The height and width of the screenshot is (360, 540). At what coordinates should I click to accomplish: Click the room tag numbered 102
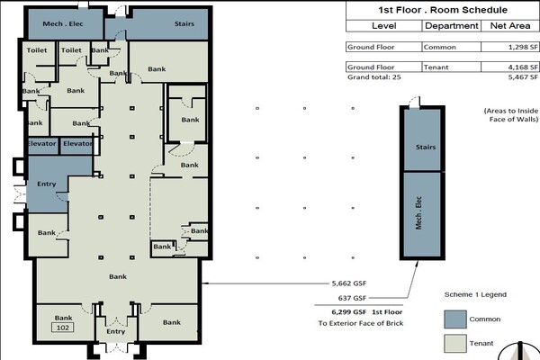click(x=63, y=328)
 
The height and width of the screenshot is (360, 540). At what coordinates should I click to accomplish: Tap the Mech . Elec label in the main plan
click(x=63, y=23)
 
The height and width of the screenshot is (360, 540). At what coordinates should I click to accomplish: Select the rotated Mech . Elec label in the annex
click(x=418, y=213)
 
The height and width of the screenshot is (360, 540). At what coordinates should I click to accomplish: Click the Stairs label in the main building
click(x=184, y=23)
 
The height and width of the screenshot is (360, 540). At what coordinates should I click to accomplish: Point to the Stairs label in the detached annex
click(x=426, y=147)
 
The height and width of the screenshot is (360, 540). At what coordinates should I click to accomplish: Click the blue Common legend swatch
click(x=455, y=319)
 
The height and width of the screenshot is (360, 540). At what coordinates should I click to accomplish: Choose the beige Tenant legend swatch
click(x=455, y=344)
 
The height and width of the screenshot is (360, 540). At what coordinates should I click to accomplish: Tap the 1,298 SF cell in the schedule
click(x=523, y=47)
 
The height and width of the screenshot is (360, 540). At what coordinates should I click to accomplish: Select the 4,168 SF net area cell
click(x=523, y=67)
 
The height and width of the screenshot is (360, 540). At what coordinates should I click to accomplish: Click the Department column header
click(x=452, y=26)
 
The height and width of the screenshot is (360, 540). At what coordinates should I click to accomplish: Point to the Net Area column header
click(x=510, y=26)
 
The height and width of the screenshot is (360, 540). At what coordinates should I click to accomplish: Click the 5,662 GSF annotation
click(x=349, y=283)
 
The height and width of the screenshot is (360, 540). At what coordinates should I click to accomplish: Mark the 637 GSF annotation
click(x=352, y=298)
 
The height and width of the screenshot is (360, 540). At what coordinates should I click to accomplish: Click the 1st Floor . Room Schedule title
click(x=443, y=10)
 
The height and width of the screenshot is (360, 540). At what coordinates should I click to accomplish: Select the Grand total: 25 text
click(x=374, y=76)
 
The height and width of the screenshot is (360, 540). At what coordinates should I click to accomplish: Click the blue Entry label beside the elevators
click(x=47, y=184)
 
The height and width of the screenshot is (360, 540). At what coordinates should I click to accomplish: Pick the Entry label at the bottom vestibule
click(x=116, y=331)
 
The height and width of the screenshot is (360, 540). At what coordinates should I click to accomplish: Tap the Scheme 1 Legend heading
click(x=475, y=294)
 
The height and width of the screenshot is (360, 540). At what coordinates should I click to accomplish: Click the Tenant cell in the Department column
click(x=436, y=67)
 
